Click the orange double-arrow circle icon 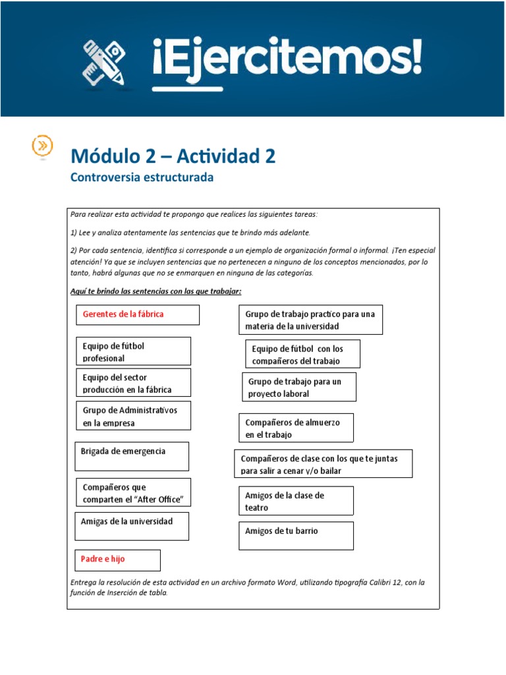click(x=43, y=145)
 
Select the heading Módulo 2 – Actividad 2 click(x=173, y=156)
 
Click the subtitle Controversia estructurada click(x=142, y=177)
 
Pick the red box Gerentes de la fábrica click(x=137, y=314)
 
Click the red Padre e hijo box click(x=117, y=560)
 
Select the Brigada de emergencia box click(x=132, y=455)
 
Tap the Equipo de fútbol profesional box click(x=133, y=351)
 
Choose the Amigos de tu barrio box click(x=296, y=535)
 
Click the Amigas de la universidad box click(x=132, y=525)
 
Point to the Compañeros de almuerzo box click(x=296, y=428)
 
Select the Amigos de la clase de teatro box click(x=296, y=501)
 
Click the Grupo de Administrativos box click(x=133, y=416)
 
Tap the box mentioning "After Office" click(x=133, y=492)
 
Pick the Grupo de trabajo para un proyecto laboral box click(x=299, y=387)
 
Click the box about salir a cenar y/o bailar click(x=323, y=464)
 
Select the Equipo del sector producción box click(x=133, y=382)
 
